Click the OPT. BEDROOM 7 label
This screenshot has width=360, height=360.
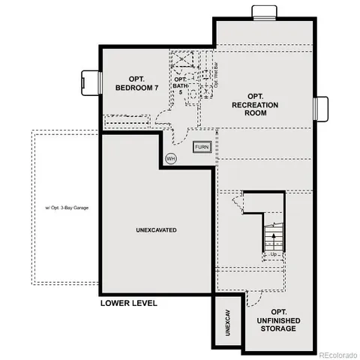[x=137, y=82]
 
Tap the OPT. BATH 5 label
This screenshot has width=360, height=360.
[x=180, y=85]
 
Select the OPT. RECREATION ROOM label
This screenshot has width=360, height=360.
[x=256, y=109]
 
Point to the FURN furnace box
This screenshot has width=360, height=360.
[x=202, y=148]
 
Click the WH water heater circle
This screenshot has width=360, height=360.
[x=171, y=158]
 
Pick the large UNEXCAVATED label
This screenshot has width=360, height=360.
[x=157, y=230]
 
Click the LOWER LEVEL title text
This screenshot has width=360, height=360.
[x=128, y=304]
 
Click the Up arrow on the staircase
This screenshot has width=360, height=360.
[x=274, y=238]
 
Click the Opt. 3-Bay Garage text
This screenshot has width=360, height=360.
[x=64, y=207]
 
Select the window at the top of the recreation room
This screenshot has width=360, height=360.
[x=263, y=11]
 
